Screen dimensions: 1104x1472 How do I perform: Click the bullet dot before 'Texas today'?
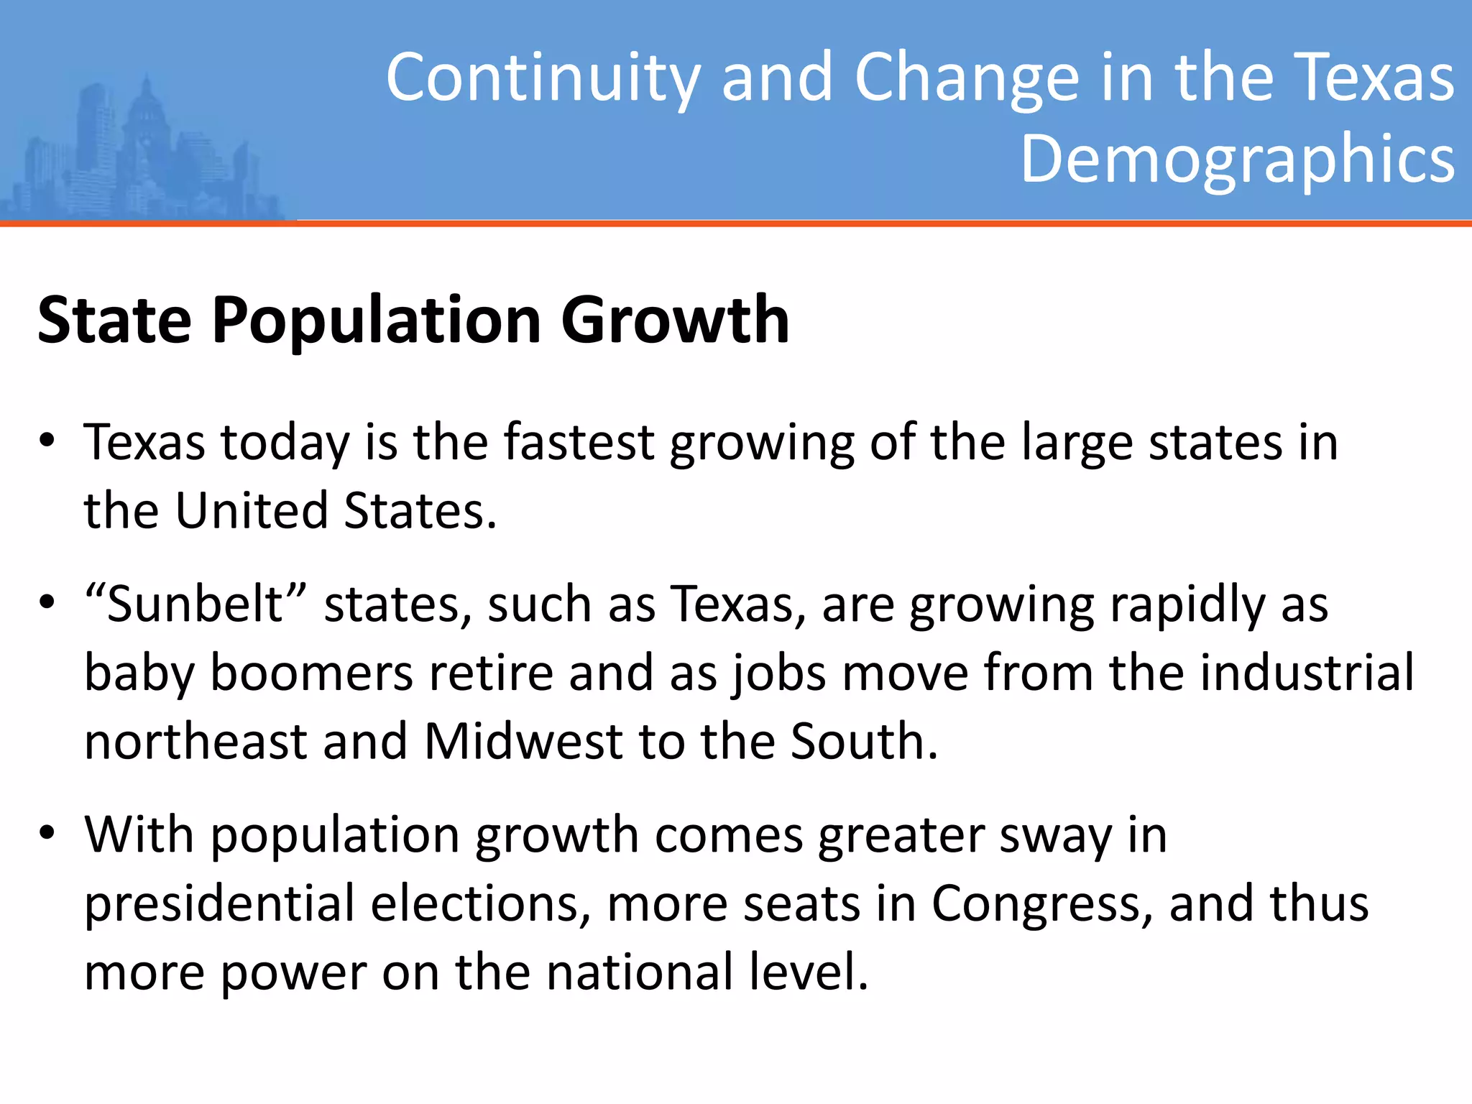click(47, 441)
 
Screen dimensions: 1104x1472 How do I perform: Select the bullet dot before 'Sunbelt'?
click(47, 602)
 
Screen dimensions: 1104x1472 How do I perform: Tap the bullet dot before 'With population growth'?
click(47, 833)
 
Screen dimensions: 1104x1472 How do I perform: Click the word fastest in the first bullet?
click(579, 441)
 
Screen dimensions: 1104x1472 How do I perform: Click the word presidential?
click(220, 903)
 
